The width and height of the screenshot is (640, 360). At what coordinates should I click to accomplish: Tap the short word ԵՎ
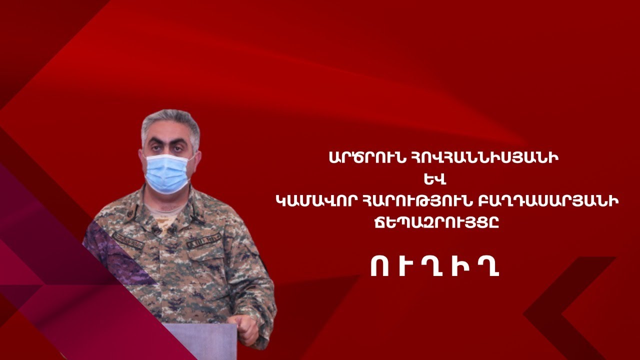[431, 180]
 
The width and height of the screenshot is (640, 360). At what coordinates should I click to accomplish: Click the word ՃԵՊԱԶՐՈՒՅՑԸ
[437, 223]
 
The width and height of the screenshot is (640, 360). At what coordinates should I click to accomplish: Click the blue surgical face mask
[167, 173]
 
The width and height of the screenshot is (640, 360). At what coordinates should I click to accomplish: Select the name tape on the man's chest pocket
[203, 240]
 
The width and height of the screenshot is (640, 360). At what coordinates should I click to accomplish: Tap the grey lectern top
[200, 341]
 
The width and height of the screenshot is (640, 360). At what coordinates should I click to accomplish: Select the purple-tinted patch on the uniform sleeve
[114, 251]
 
